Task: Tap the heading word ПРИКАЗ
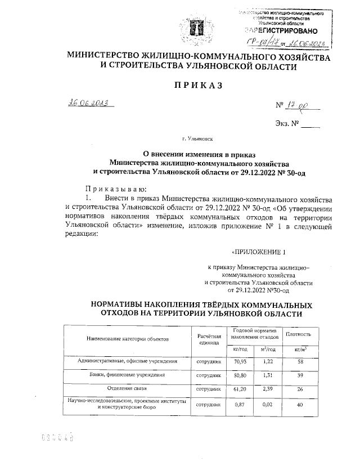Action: click(x=195, y=85)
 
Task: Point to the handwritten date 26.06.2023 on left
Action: click(x=89, y=103)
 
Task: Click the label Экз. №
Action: click(x=287, y=123)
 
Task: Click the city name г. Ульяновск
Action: click(x=197, y=137)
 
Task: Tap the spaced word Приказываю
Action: click(x=116, y=189)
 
